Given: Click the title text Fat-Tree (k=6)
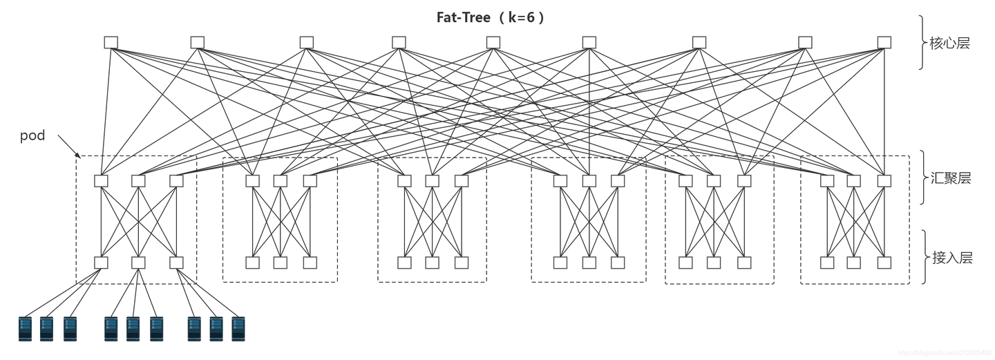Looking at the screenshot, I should click(x=491, y=17).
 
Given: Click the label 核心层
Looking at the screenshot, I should click(x=950, y=44).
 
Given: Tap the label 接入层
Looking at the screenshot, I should click(x=951, y=258).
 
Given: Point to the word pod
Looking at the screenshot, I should click(x=32, y=135).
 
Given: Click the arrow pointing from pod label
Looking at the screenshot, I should click(x=68, y=146).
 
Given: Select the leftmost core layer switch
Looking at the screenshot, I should click(x=111, y=42).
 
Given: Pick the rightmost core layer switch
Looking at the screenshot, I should click(x=884, y=42).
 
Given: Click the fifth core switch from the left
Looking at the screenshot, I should click(x=493, y=42).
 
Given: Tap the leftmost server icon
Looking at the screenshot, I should click(x=26, y=328).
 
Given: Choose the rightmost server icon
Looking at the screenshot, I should click(x=238, y=328).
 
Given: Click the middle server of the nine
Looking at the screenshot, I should click(x=133, y=328).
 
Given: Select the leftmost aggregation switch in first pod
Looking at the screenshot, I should click(x=102, y=181).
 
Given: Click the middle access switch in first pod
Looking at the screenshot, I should click(x=138, y=263).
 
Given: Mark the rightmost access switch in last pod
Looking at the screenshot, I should click(x=884, y=263).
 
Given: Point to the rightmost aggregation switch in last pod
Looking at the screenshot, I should click(x=884, y=181).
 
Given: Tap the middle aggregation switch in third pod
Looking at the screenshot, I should click(x=432, y=181).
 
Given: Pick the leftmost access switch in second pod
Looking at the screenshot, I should click(x=252, y=263).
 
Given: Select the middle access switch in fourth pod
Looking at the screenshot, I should click(x=589, y=263).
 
